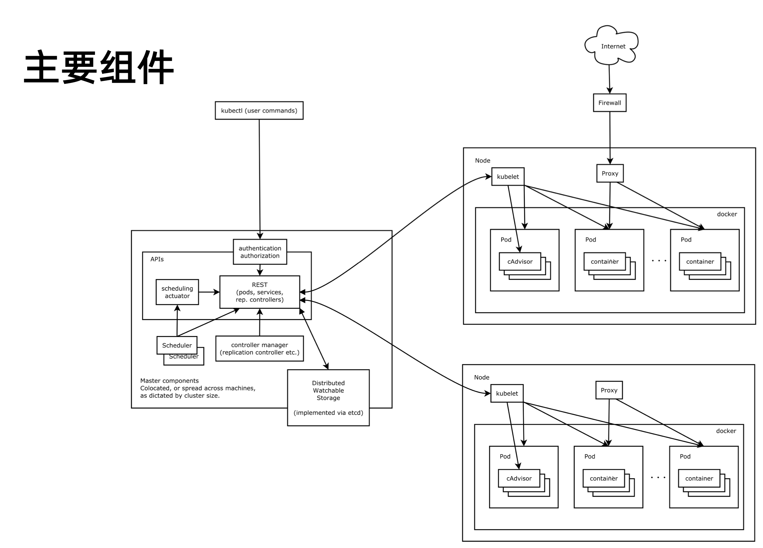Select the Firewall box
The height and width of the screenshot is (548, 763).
coord(609,103)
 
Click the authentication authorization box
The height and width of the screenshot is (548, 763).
coord(260,252)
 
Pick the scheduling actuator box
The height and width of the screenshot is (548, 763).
coord(177,292)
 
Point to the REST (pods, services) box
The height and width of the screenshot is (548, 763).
coord(259,292)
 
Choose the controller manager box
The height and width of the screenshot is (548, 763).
coord(259,349)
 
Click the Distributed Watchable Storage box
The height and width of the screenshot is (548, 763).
coord(328,398)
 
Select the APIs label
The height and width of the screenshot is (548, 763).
coord(157,259)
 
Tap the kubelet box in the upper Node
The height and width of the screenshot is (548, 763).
coord(508,176)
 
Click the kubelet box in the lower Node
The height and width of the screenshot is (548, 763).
coord(507,393)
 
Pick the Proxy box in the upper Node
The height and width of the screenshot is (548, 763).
coord(609,173)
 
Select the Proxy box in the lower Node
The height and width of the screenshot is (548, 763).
coord(609,390)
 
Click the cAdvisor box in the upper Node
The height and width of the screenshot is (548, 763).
coord(520,261)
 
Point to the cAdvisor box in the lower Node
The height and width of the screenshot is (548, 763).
coord(519,478)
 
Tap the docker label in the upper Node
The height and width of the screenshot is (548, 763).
coord(727,214)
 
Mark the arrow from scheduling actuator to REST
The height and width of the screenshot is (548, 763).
coord(209,292)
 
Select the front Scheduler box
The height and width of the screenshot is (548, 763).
coord(177,345)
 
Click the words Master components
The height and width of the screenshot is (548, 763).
coord(169,381)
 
